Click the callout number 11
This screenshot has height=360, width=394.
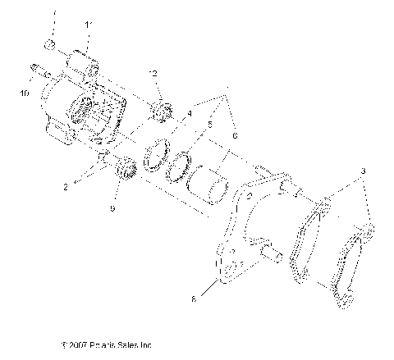pos(89,26)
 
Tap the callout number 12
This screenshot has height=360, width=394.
pos(153,75)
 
